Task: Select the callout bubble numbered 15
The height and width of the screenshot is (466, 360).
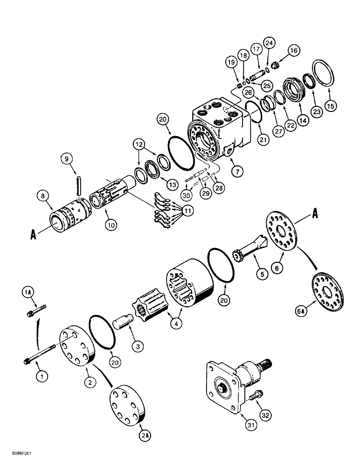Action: pyautogui.click(x=331, y=106)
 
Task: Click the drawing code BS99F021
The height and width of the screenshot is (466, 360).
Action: pyautogui.click(x=20, y=459)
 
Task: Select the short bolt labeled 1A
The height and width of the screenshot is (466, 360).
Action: pyautogui.click(x=36, y=311)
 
